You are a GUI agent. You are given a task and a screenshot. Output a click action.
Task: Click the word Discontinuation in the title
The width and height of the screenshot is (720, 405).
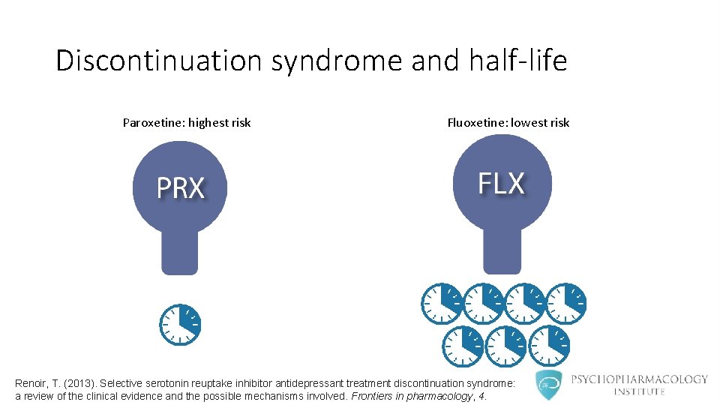click(x=160, y=61)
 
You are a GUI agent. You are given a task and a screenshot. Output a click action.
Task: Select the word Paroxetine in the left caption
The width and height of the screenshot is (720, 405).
click(x=154, y=122)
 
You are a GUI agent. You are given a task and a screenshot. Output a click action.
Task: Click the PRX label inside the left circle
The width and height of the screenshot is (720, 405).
click(x=180, y=187)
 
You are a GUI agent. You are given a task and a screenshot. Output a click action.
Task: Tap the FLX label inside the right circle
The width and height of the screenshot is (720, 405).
click(x=502, y=182)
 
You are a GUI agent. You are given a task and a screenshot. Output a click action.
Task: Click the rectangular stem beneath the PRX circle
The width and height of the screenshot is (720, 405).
click(x=180, y=251)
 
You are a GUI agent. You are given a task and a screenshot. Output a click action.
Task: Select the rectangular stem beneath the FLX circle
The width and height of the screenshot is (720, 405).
click(x=502, y=247)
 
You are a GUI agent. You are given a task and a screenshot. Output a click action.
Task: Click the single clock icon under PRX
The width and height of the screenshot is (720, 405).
click(x=180, y=325)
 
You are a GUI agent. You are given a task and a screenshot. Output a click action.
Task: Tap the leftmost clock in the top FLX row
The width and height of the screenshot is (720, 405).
click(x=442, y=304)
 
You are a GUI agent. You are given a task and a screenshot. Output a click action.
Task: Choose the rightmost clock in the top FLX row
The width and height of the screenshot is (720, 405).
click(x=566, y=304)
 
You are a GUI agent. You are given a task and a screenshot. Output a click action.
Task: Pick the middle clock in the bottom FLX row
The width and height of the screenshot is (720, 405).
click(x=505, y=346)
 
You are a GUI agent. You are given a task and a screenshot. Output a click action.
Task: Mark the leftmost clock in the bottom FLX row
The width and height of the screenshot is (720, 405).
click(x=463, y=346)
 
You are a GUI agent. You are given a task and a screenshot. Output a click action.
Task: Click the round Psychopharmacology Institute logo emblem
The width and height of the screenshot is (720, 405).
click(x=549, y=385)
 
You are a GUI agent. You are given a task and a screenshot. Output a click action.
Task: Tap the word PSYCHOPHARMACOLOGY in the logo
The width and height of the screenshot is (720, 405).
click(x=639, y=379)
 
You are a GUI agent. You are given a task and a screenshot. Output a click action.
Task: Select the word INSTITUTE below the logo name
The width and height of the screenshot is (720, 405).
click(x=639, y=391)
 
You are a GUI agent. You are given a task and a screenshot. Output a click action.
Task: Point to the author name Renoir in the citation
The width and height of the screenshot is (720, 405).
click(x=31, y=383)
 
